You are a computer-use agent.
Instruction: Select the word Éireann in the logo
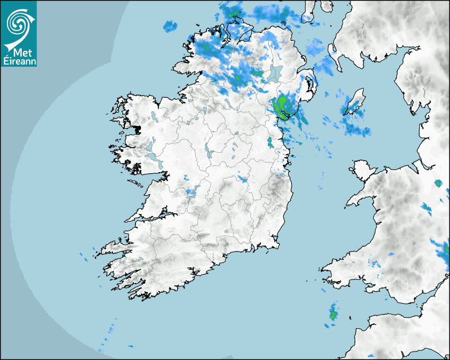pos(19,60)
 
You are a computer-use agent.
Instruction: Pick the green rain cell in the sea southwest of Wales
pos(333,315)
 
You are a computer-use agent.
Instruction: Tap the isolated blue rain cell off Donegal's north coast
pos(169,25)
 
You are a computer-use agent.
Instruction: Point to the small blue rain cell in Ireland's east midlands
pos(242,178)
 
